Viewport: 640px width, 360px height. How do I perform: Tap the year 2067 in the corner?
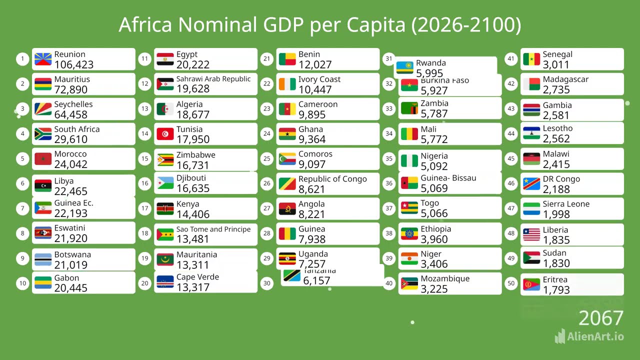600,318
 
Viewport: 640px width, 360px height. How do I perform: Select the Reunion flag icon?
43,59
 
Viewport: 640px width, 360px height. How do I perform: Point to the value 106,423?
73,64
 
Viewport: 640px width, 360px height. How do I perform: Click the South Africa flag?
43,134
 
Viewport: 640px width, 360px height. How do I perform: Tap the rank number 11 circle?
144,59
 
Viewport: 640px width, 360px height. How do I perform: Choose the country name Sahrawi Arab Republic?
213,79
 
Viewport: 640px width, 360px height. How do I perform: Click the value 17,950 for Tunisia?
192,139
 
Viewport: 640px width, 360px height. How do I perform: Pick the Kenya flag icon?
165,209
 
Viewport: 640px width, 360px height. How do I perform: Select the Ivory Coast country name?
319,79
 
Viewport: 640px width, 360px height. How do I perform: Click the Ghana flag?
287,134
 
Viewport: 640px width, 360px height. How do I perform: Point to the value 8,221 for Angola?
311,214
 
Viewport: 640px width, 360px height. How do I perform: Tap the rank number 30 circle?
267,283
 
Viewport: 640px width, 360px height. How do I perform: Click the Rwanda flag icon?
404,68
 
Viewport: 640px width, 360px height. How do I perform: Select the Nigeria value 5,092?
434,166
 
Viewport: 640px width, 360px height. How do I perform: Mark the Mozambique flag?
409,284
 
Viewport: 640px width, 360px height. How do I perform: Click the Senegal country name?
557,54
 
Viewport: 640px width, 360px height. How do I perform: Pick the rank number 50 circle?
511,283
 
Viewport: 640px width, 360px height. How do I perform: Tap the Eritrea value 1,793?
556,289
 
